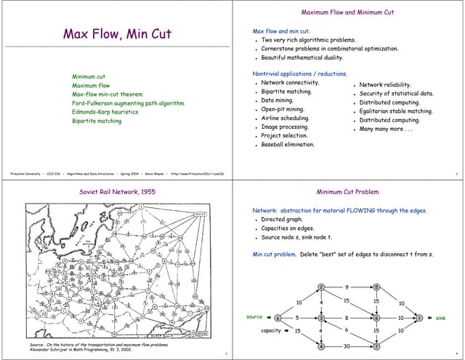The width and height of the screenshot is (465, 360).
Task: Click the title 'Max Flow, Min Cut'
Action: point(117,34)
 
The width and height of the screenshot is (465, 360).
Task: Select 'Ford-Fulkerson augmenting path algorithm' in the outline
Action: point(128,103)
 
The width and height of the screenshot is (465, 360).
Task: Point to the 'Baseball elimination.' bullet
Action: point(288,145)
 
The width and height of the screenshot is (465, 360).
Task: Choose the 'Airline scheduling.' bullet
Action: point(285,118)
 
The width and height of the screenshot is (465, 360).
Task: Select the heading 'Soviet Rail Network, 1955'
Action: point(116,192)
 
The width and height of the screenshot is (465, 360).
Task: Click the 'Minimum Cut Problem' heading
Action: point(347,192)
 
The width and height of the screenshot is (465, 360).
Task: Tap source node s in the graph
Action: point(277,318)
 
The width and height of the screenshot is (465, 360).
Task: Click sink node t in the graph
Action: point(418,318)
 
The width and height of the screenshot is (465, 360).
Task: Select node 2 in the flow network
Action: point(321,287)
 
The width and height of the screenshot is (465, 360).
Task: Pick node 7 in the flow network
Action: point(376,346)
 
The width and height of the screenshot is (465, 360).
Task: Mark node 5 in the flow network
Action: point(376,287)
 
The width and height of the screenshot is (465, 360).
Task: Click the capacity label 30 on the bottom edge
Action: point(348,346)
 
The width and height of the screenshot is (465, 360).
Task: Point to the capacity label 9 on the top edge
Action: point(347,287)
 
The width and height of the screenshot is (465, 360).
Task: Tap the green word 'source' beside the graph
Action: point(254,317)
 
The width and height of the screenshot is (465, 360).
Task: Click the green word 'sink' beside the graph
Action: point(440,318)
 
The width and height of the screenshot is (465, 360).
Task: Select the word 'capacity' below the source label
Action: point(270,331)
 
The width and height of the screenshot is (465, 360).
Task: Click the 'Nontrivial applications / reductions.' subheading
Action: point(299,73)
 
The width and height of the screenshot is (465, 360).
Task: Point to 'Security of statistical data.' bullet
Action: point(396,93)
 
